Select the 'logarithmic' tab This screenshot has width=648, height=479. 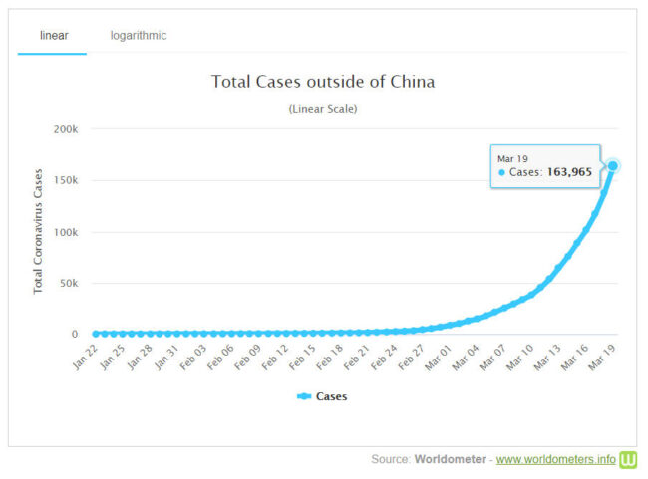[139, 36]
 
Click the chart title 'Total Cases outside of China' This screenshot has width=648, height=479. [323, 82]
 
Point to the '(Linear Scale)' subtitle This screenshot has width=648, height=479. [323, 109]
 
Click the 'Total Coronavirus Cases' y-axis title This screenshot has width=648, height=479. [39, 232]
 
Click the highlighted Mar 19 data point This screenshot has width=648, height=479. [613, 166]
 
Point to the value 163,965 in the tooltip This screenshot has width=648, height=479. [569, 172]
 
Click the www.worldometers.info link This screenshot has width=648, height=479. [556, 460]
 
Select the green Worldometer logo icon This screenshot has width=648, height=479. [629, 459]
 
